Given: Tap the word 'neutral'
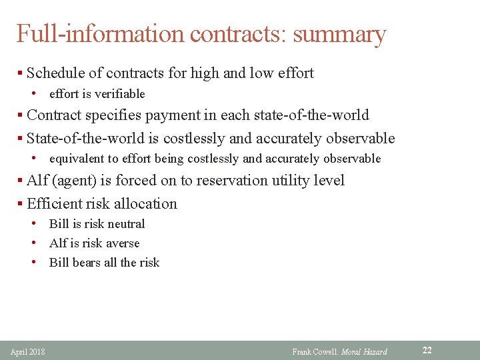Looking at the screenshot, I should click(x=125, y=224).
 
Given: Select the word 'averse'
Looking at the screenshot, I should click(x=121, y=243).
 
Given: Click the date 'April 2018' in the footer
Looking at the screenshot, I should click(x=28, y=351).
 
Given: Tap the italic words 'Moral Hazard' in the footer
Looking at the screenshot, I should click(x=364, y=351).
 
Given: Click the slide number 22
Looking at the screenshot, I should click(x=427, y=350).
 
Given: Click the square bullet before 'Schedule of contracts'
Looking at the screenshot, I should click(x=21, y=74).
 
